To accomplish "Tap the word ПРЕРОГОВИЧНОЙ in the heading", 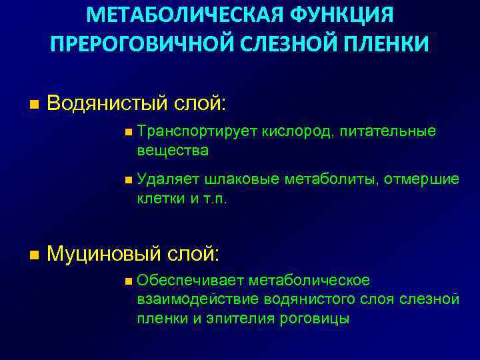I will (137, 45).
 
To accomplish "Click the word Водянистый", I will (107, 103).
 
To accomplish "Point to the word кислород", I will (296, 132).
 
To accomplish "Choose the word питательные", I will (387, 132).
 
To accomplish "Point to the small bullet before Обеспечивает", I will (128, 281).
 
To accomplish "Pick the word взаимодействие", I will (198, 299).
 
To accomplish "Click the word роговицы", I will (313, 319).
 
